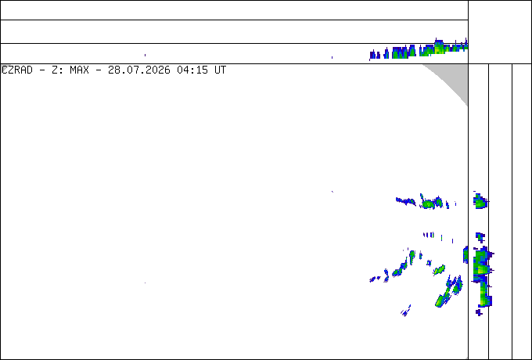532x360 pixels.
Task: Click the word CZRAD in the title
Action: click(x=17, y=70)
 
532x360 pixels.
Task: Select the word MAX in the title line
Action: click(x=79, y=70)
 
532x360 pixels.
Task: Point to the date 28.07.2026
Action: click(x=139, y=70)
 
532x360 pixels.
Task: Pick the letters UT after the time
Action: click(x=220, y=70)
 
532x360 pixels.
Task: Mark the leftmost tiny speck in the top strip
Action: click(x=146, y=55)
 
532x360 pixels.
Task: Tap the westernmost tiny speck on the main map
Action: click(x=146, y=283)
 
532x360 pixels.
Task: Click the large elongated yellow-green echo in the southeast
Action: click(x=444, y=297)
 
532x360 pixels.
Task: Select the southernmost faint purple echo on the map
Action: click(x=405, y=311)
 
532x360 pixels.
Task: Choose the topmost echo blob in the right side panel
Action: click(x=480, y=201)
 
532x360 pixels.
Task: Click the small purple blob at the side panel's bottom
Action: click(x=479, y=312)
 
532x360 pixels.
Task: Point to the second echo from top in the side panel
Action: click(x=480, y=237)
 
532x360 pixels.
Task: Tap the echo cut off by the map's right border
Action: click(x=465, y=254)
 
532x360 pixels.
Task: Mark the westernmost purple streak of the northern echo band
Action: click(x=405, y=201)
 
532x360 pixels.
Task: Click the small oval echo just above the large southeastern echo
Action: click(x=439, y=270)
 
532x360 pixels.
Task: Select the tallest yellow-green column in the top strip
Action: click(x=439, y=47)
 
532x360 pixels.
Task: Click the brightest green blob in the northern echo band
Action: click(x=429, y=204)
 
